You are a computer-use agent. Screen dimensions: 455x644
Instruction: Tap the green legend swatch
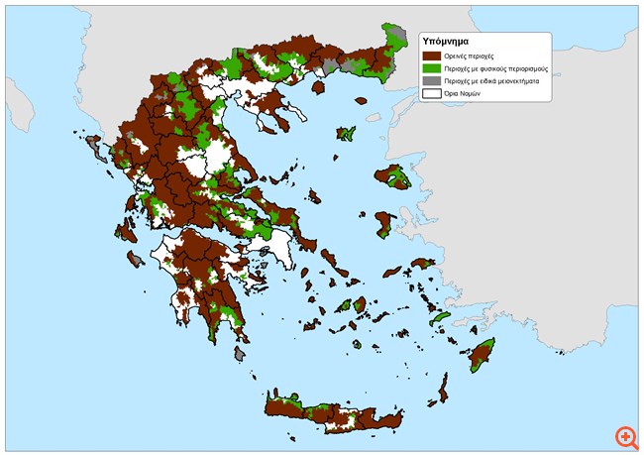tap(432, 70)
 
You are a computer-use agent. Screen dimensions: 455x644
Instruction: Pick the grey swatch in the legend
tap(432, 82)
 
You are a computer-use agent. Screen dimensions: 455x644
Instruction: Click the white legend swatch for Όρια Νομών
tap(432, 95)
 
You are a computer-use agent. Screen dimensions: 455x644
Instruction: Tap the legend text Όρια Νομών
tap(463, 95)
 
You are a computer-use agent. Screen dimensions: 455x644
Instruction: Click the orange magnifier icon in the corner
tap(624, 437)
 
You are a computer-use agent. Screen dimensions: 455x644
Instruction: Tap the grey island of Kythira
tap(239, 352)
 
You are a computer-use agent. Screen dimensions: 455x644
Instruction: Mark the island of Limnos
tap(347, 133)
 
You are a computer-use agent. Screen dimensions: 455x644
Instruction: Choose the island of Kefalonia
tap(127, 232)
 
